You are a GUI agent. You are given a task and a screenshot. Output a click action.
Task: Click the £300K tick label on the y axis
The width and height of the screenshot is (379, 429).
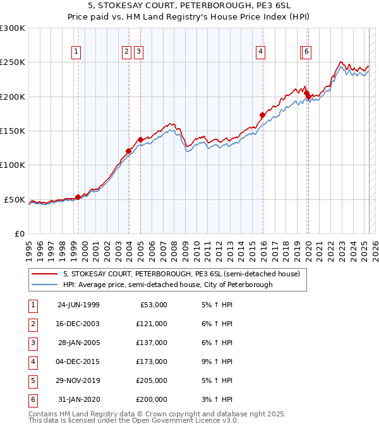point(13,28)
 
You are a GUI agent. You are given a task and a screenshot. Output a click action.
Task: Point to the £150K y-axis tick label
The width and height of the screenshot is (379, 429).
point(13,131)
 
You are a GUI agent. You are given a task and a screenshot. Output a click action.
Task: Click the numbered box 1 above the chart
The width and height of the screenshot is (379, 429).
point(76,52)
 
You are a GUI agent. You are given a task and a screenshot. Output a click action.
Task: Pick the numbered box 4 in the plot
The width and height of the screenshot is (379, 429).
point(260,52)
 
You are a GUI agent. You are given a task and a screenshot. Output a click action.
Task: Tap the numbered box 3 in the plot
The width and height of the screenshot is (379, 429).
point(138,52)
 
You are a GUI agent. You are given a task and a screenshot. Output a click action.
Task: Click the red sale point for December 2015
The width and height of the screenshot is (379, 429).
point(262,115)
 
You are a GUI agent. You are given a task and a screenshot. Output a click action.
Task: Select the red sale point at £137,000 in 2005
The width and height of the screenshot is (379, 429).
point(140,139)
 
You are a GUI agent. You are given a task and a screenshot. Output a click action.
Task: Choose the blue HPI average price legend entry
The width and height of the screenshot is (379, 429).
point(167,285)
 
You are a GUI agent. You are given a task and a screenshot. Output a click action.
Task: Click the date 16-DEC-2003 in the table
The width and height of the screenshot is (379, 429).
point(78,324)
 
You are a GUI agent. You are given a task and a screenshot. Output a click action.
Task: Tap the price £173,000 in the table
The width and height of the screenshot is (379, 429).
point(152,361)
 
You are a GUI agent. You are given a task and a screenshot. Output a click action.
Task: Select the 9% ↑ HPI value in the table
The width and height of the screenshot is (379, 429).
point(217,361)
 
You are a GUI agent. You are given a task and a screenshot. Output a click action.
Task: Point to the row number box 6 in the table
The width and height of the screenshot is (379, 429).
point(32,399)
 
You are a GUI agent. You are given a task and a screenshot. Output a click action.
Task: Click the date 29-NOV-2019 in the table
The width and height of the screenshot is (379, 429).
point(78,380)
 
